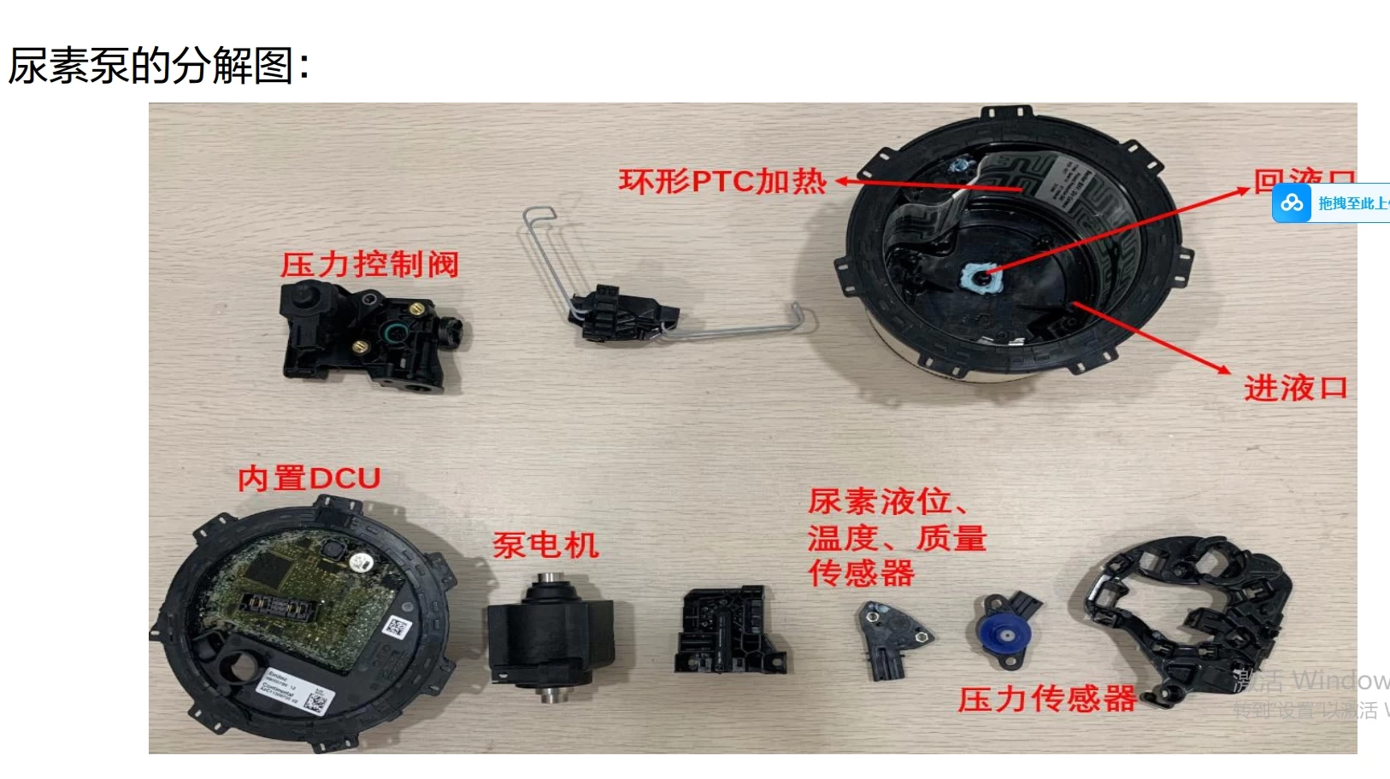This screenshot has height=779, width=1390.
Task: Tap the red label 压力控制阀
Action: pyautogui.click(x=370, y=265)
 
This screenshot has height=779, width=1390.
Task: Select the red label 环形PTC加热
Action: pyautogui.click(x=722, y=182)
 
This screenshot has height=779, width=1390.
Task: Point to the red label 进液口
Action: pyautogui.click(x=1295, y=389)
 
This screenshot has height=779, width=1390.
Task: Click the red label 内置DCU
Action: pyautogui.click(x=309, y=478)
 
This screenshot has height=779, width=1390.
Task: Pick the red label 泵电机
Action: pyautogui.click(x=545, y=545)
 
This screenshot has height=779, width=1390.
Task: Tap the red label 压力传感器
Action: pyautogui.click(x=1046, y=700)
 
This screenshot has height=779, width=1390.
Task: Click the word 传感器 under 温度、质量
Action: pyautogui.click(x=861, y=573)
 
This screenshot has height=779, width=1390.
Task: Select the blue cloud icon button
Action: pyautogui.click(x=1292, y=203)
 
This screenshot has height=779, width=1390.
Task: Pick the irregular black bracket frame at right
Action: pyautogui.click(x=1188, y=615)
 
